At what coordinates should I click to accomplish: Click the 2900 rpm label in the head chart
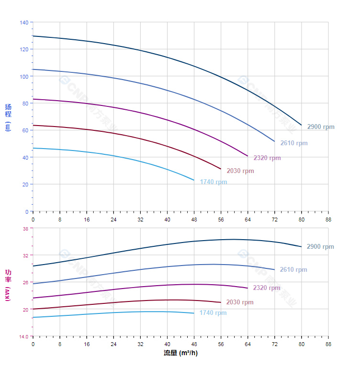coord(321,127)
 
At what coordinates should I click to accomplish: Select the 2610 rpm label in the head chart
coord(294,143)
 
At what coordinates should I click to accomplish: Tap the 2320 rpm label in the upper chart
coord(267,158)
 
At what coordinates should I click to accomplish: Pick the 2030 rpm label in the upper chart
coord(240,171)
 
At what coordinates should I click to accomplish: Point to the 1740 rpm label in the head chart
coord(214,182)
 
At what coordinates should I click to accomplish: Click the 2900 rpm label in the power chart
coord(320,247)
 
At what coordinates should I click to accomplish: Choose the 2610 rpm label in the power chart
coord(293,270)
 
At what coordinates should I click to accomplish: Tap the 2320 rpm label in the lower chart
coord(267,288)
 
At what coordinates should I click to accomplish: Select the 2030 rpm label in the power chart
coord(240,302)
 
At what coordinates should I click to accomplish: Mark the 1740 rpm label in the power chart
coord(213,313)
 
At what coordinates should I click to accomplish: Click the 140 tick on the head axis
coord(24,23)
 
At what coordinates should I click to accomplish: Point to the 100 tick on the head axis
coord(24,76)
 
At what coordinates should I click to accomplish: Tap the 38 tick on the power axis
coord(25,229)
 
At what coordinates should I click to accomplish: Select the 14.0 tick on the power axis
coord(23,336)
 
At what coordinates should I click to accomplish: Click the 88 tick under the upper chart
coord(328,219)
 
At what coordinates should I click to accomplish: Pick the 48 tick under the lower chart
coord(194,344)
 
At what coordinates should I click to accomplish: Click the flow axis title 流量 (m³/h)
coord(180,353)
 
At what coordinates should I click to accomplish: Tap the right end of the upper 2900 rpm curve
coord(302,125)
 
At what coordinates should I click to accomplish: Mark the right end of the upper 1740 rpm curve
coord(194,180)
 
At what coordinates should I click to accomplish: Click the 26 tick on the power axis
coord(25,282)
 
